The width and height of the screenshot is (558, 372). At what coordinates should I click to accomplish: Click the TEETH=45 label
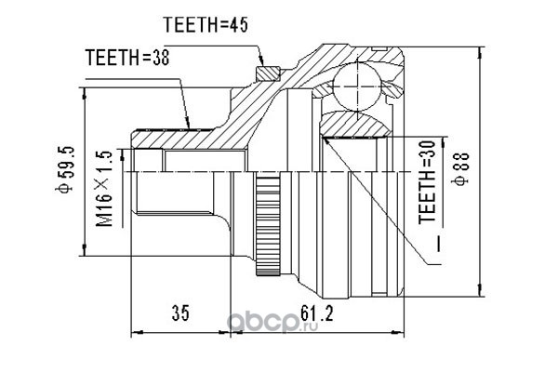tap(206, 25)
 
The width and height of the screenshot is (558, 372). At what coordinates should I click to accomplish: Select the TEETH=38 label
tap(127, 58)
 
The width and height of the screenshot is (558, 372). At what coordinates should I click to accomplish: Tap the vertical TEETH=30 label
tap(427, 182)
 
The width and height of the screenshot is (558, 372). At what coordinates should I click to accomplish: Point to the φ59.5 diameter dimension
tap(64, 168)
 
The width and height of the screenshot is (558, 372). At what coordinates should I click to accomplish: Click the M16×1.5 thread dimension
tap(104, 189)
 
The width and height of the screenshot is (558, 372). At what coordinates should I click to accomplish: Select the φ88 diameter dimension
tap(460, 168)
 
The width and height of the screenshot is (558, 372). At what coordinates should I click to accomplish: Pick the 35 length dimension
tap(180, 313)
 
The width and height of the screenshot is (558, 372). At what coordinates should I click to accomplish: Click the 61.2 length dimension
tap(317, 313)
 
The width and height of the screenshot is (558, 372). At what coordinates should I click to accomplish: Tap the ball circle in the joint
tap(357, 86)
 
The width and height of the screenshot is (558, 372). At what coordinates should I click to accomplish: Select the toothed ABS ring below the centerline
tap(268, 223)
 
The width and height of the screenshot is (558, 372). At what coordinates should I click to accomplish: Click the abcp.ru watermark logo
tap(272, 322)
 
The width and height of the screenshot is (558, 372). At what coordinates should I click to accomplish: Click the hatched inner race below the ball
tap(356, 125)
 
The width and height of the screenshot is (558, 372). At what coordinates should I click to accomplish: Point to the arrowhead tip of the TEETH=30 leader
tap(323, 138)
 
